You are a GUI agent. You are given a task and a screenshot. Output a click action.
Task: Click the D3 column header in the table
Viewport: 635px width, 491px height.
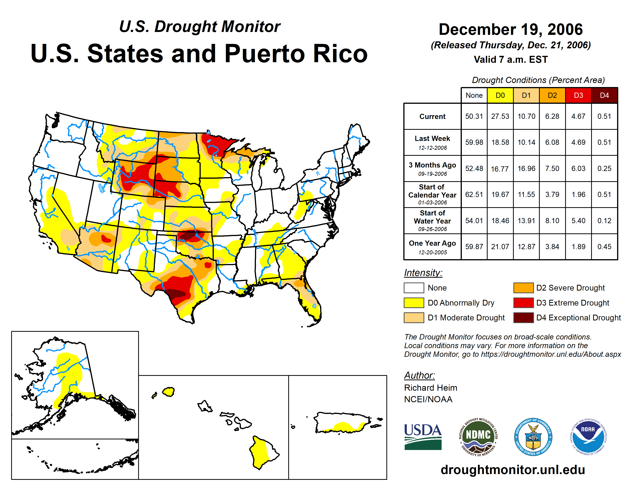[x=578, y=95]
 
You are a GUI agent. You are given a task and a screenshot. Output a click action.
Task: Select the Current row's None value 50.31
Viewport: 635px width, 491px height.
[x=474, y=116]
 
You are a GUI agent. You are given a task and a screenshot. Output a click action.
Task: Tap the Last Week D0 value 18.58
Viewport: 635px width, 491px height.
[x=500, y=142]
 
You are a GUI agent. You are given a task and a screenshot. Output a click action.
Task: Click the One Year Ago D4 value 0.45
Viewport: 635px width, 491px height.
[x=604, y=247]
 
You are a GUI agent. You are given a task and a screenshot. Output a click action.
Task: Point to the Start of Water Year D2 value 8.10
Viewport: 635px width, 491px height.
[x=552, y=221]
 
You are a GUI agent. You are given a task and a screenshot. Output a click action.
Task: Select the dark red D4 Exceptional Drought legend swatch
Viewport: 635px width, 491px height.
[x=523, y=318]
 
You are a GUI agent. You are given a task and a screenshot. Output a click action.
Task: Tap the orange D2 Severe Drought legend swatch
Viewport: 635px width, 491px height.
[x=523, y=288]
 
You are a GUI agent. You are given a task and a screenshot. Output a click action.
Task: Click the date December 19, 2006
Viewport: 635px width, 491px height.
[x=511, y=29]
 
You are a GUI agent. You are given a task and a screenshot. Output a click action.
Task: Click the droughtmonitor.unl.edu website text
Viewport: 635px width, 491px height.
[x=513, y=470]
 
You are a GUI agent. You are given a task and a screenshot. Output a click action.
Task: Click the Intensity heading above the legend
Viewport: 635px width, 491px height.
[x=423, y=273]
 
